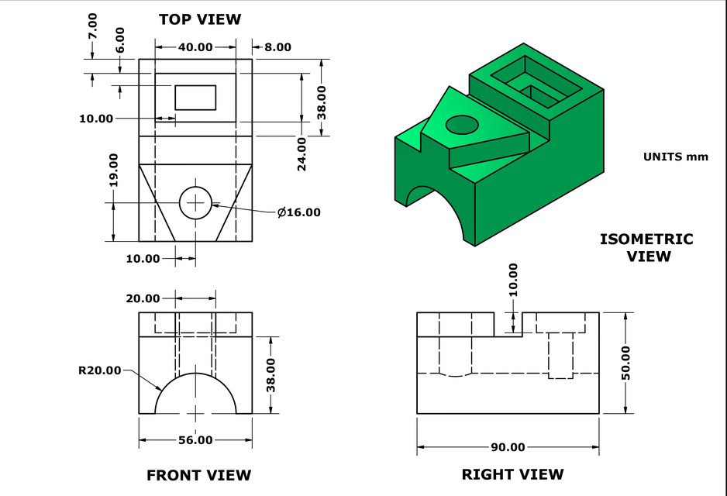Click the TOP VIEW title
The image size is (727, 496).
pos(200,19)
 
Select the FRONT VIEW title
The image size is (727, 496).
pos(198,475)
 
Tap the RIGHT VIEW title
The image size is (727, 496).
pos(512,474)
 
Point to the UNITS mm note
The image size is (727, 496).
pos(675,157)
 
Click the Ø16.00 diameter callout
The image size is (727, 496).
pos(298,212)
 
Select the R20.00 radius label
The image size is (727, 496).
pos(100,370)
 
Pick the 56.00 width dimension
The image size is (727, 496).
pos(195,440)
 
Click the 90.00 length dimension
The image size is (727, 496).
pos(508,447)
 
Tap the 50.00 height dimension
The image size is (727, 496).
pos(625,363)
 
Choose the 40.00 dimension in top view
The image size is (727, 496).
pos(195,47)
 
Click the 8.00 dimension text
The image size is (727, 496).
pos(277,47)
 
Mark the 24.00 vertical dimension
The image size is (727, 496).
pos(302,153)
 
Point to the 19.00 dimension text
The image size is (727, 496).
pos(113,169)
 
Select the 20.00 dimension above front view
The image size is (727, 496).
pos(143,298)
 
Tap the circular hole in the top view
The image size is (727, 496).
pos(196,202)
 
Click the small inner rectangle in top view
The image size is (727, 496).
pos(195,98)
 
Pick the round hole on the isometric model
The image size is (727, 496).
pos(462,124)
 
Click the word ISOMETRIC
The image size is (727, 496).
pos(646,239)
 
